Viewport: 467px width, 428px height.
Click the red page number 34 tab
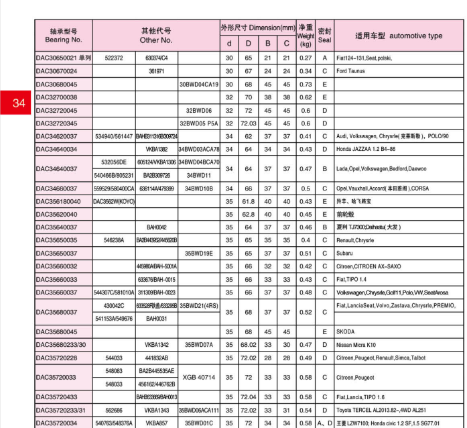coord(18,103)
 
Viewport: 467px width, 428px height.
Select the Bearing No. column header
coord(64,36)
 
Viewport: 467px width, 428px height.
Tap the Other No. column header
coord(155,36)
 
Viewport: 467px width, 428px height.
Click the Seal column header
coord(324,36)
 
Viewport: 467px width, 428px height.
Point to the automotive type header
coord(399,36)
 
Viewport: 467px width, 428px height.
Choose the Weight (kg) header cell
coord(306,36)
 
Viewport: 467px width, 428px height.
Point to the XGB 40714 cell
coord(199,378)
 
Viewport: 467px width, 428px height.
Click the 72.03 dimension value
coord(249,123)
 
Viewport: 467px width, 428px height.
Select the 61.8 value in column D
coord(249,201)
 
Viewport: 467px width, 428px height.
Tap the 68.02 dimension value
coord(249,345)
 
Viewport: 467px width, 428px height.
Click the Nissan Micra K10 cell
coord(362,345)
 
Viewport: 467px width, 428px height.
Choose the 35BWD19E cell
coord(199,254)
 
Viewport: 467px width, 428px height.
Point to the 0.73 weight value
coord(306,85)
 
